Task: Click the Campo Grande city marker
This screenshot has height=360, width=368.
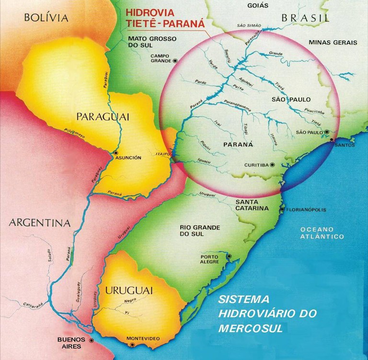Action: pos(175,60)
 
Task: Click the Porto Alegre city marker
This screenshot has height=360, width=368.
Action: pos(229,256)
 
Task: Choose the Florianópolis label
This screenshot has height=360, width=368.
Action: pos(304,210)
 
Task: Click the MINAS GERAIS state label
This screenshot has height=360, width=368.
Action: pos(333,42)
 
